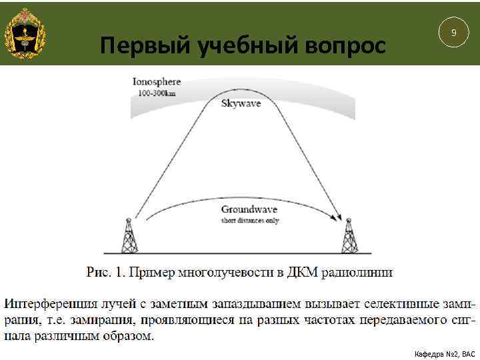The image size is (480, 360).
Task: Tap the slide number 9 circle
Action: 454,32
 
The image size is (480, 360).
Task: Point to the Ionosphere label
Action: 157,82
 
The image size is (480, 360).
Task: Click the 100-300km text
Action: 157,93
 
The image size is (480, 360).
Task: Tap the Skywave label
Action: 241,104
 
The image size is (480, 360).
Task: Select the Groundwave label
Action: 249,209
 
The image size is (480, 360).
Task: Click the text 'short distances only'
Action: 250,220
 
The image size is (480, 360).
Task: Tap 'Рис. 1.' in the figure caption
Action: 105,272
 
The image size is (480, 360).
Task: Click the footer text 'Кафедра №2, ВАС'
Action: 445,353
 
